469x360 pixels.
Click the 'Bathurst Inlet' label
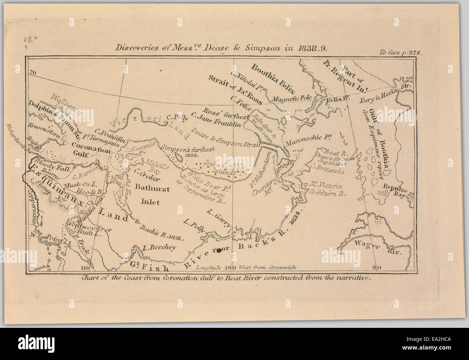147,194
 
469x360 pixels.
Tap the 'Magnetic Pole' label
289,99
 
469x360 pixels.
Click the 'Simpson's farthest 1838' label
189,151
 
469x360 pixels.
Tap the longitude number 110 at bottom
85,268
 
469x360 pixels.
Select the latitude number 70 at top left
34,73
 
